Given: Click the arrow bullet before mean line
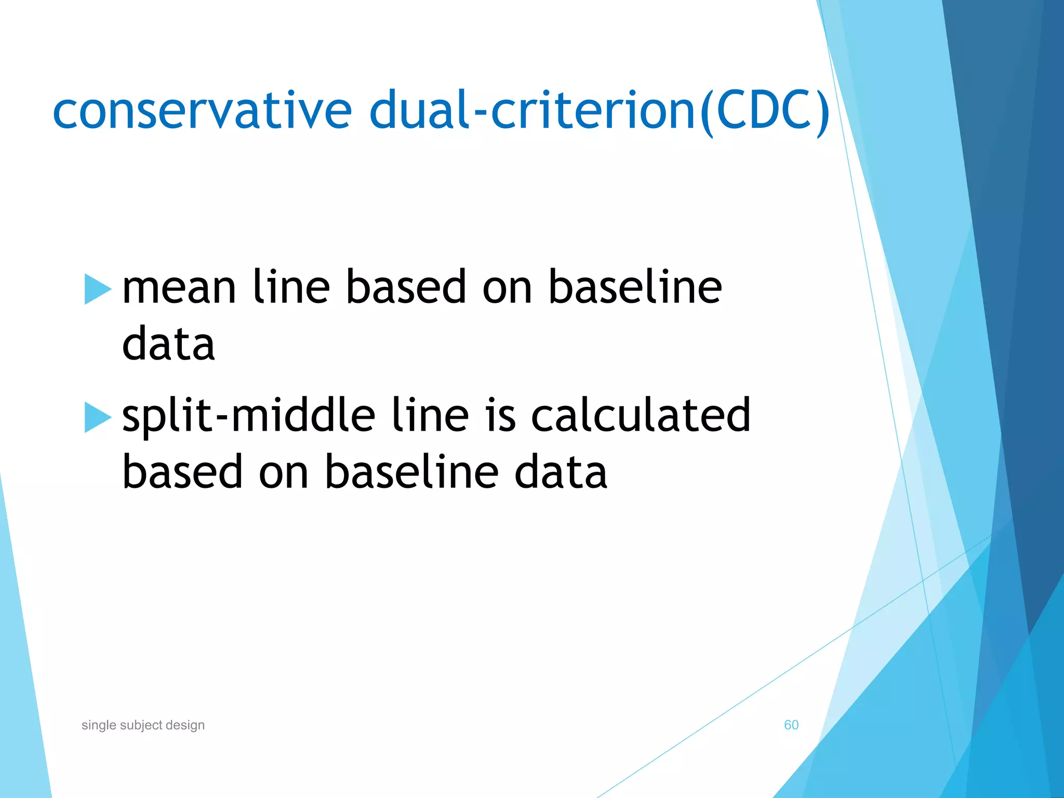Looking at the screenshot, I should coord(98,289).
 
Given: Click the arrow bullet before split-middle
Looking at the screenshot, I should coord(98,417).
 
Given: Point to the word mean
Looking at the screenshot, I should coord(179,289).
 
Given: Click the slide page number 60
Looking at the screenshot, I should coord(791,725).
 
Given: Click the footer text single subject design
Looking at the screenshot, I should coord(143,725).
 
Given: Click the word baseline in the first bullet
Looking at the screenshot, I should coord(635,289).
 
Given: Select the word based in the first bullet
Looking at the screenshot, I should coord(406,289).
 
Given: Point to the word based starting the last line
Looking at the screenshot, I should coord(182,473).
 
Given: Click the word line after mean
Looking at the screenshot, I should coord(291,289).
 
